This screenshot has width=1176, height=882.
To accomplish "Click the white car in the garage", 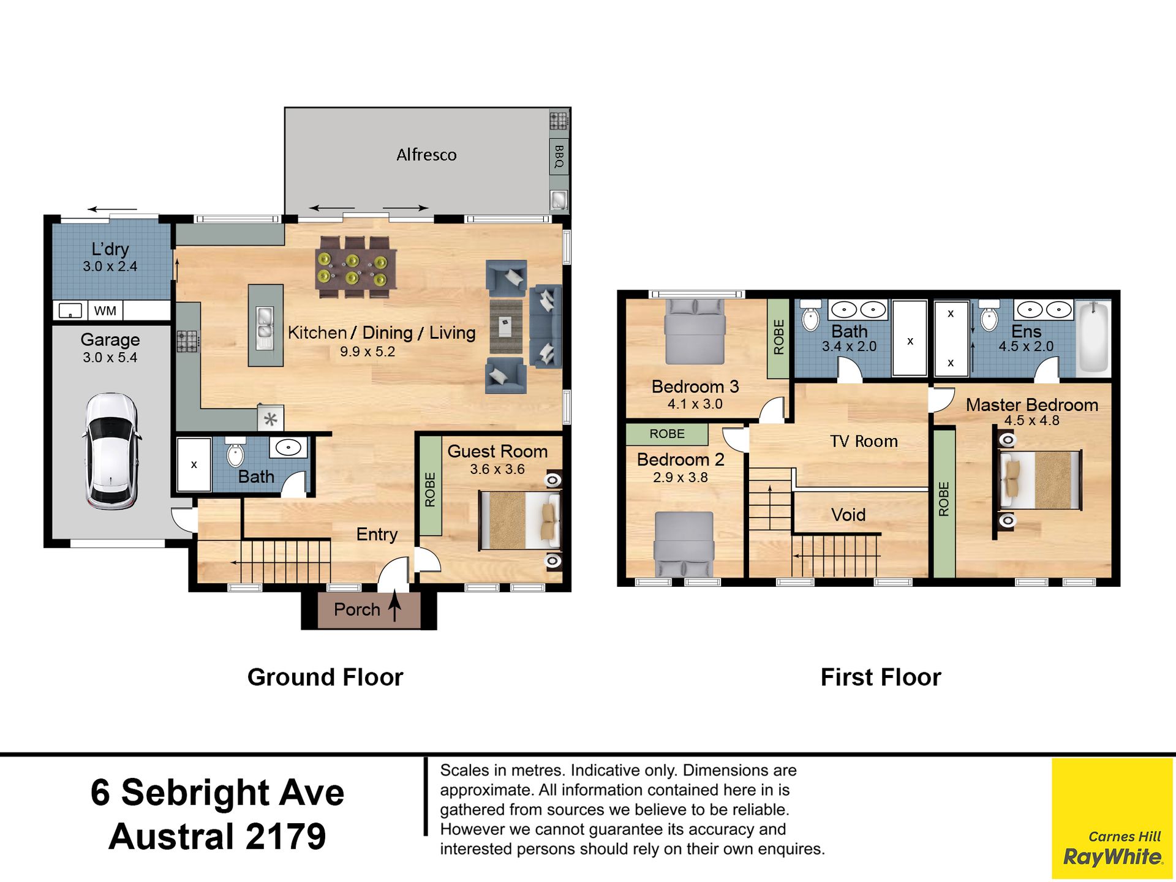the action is (111, 451).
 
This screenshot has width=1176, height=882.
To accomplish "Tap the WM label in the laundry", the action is (105, 311).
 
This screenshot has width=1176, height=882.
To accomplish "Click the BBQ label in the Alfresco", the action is (559, 156).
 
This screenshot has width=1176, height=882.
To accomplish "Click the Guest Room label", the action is (497, 451).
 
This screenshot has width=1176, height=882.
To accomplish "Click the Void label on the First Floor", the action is (848, 514).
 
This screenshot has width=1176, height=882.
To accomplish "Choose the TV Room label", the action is (864, 441).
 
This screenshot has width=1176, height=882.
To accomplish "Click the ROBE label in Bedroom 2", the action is (667, 434).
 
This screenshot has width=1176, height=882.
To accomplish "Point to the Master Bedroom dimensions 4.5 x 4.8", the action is (1032, 421).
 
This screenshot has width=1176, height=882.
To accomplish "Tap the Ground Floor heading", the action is (325, 677).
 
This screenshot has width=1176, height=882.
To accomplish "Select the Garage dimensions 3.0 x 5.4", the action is (110, 358).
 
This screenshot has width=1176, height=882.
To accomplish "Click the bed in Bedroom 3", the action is (695, 331).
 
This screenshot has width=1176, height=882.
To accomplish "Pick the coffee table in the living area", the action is (506, 326).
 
